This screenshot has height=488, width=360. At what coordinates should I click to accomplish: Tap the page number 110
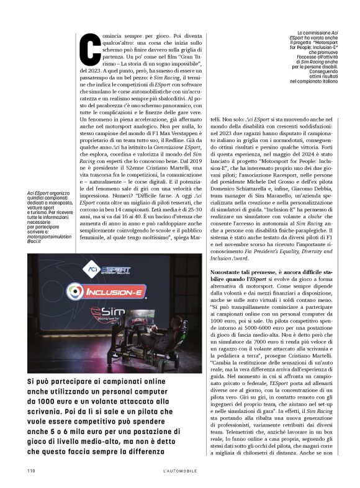coord(31,471)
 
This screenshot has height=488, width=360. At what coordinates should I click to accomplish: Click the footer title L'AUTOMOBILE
coord(180,471)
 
